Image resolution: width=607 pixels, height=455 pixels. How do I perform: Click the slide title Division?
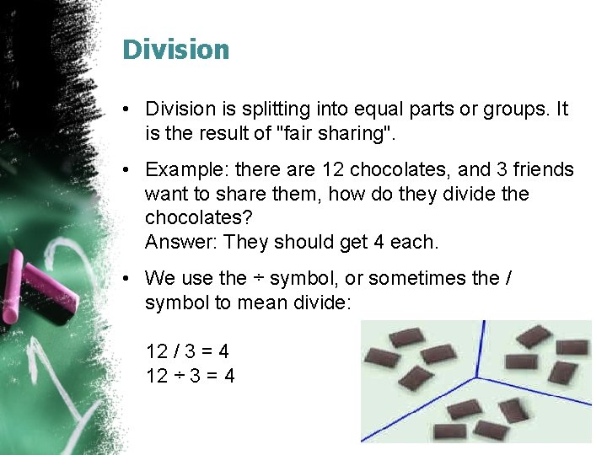(175, 50)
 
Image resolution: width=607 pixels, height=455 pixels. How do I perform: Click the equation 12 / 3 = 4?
(187, 351)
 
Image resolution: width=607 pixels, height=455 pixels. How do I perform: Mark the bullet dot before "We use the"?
(124, 279)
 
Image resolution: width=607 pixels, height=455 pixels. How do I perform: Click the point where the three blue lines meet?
(478, 377)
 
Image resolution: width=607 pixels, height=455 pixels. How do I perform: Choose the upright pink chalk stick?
(11, 292)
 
